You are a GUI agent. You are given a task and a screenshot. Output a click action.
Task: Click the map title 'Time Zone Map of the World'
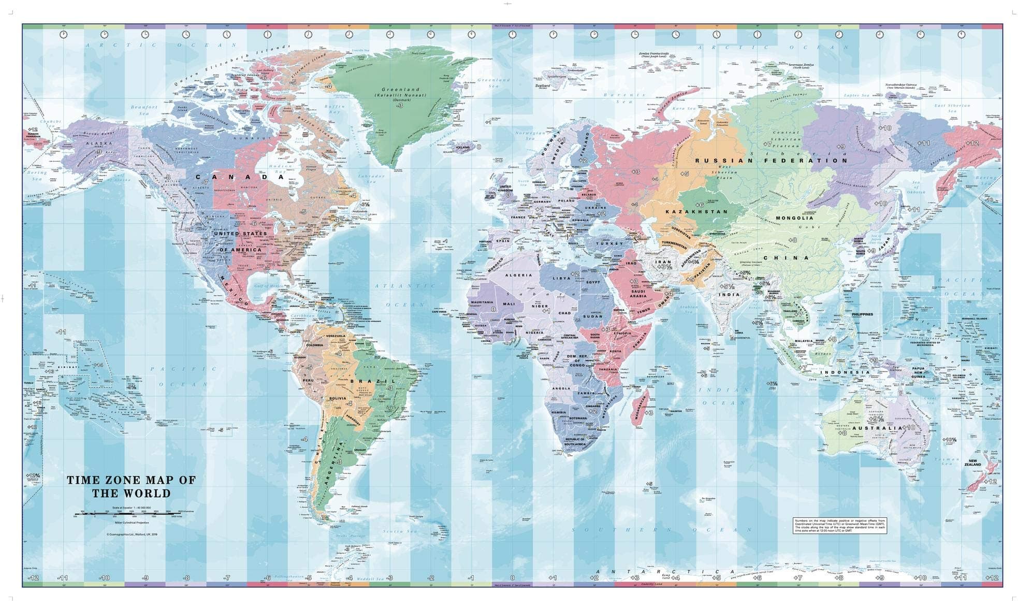tap(132, 486)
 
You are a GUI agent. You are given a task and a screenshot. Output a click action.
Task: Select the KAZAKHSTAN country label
tap(696, 212)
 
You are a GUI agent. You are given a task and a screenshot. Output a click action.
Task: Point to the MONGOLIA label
tap(794, 218)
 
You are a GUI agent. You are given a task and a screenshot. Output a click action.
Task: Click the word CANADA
tap(240, 177)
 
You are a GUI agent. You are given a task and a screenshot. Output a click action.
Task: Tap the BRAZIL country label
tap(373, 381)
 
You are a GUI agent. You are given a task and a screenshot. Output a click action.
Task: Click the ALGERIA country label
tap(518, 276)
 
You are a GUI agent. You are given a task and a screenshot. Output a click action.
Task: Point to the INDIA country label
tap(729, 295)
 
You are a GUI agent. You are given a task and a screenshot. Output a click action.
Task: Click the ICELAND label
tap(462, 147)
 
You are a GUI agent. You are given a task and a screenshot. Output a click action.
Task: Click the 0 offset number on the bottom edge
tap(512, 577)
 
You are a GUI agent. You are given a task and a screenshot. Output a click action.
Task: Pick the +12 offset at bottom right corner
tap(991, 577)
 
